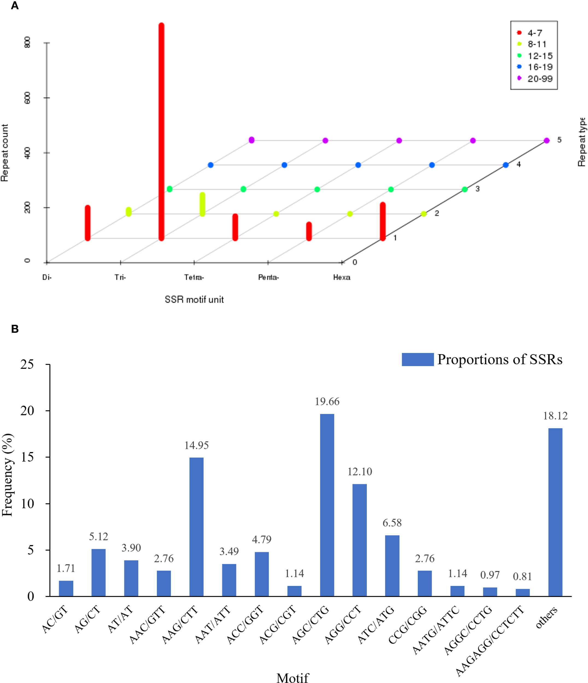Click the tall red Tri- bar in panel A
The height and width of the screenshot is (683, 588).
coord(161,132)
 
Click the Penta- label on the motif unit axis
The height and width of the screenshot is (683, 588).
coord(268,277)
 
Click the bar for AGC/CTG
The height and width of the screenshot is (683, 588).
coord(327,505)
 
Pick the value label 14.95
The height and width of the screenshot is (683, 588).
coord(196,445)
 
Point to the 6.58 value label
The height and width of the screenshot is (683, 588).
coord(392,523)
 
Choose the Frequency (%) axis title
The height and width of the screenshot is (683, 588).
coord(7,475)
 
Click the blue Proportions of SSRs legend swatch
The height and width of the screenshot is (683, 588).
coord(417,359)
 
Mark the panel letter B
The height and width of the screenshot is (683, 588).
coord(15,329)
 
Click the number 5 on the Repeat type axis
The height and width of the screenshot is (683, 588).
coord(559,140)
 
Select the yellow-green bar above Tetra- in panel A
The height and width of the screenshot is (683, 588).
coord(203,204)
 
